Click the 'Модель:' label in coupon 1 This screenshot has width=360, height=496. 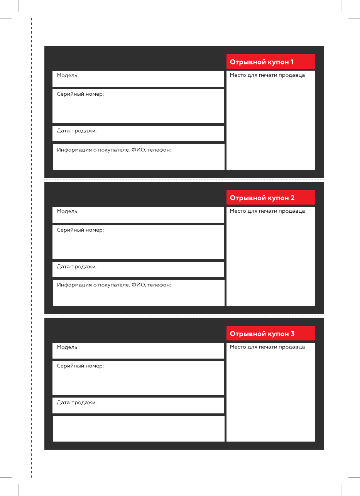point(68,76)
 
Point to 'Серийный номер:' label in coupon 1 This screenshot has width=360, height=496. point(80,94)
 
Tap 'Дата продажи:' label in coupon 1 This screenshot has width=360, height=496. point(77,131)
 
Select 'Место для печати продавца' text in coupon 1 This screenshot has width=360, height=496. point(267,75)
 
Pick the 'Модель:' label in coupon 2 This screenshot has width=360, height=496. point(68,212)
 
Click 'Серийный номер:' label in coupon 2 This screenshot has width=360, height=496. point(80,230)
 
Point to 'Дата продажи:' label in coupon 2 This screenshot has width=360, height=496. point(77,267)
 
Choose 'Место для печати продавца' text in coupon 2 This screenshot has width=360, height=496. point(267,211)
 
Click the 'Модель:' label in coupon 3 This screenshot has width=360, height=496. point(68,347)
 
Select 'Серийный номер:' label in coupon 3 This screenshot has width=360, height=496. point(80,366)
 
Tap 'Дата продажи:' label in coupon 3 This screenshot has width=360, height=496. point(77,403)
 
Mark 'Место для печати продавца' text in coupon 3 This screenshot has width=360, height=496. point(267,347)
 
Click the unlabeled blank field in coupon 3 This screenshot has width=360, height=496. point(138,428)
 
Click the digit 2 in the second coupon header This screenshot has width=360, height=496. point(292,198)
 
